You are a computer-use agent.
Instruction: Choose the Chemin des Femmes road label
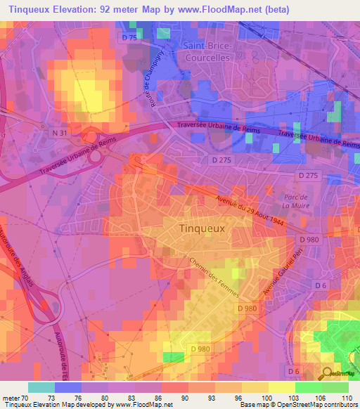click(x=214, y=276)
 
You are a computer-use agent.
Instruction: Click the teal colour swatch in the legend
click(x=41, y=387)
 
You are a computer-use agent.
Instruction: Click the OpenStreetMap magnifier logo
click(x=328, y=372)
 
